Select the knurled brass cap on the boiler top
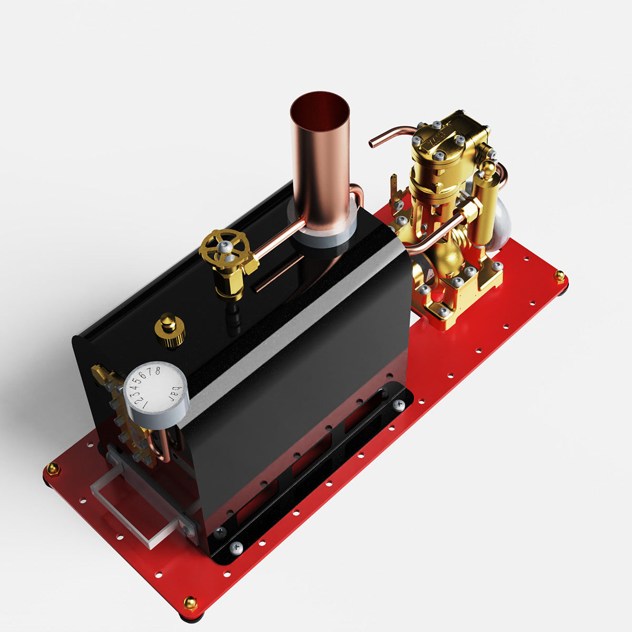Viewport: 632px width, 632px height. coord(169,330)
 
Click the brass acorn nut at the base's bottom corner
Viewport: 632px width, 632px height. coord(190,603)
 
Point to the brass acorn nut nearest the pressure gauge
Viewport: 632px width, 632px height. coord(53,468)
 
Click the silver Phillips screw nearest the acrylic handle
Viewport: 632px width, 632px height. coord(236,548)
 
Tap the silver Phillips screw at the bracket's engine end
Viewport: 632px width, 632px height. coord(399,404)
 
